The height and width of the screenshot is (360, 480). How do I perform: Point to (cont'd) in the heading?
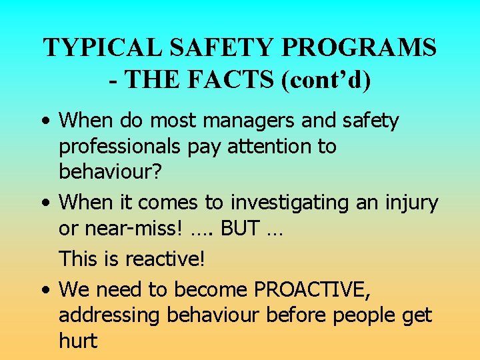(327, 79)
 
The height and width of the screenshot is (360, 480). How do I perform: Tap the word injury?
(409, 203)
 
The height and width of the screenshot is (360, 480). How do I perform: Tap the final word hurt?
(78, 340)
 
